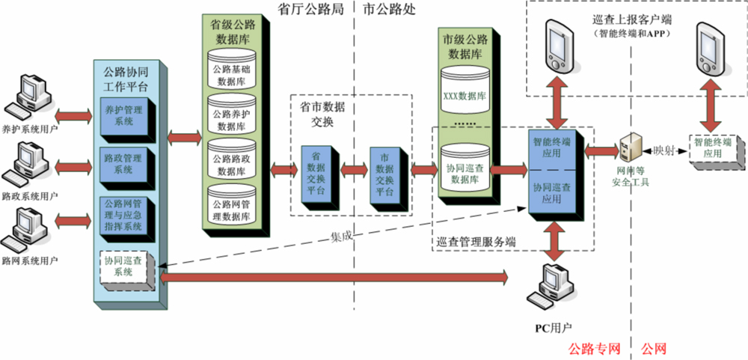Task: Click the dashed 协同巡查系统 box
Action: pos(124,266)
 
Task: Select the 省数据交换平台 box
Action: pos(316,172)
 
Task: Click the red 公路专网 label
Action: pos(595,349)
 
